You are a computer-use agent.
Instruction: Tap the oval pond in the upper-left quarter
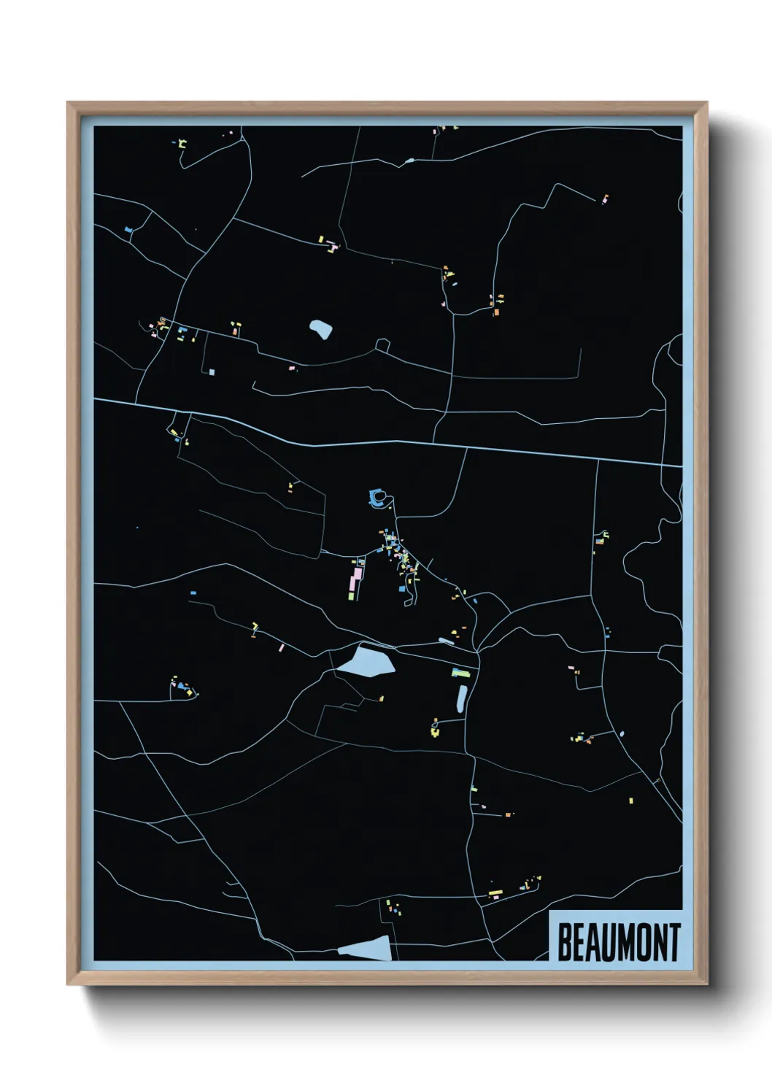coord(320,329)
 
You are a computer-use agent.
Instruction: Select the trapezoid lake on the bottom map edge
coord(367,949)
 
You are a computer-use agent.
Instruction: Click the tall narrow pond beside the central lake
coord(461,698)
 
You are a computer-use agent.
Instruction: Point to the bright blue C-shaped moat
coord(377,498)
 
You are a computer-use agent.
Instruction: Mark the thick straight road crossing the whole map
coord(387,441)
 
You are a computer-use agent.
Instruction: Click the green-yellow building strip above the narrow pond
coord(460,672)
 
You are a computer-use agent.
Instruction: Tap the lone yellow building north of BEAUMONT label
coord(631,801)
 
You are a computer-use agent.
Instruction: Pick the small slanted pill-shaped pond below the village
coord(446,641)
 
